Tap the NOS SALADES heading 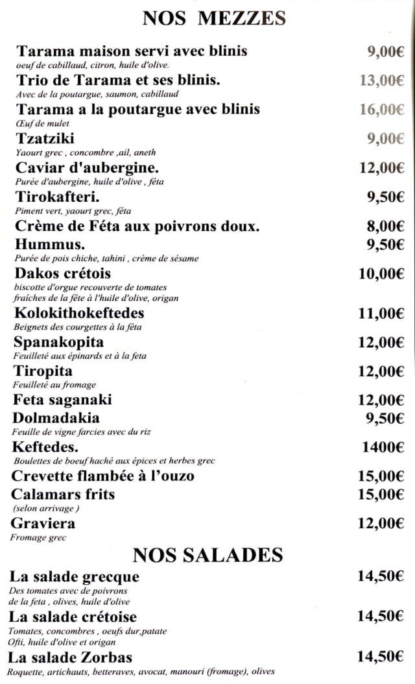pos(207,555)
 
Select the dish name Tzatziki pos(45,138)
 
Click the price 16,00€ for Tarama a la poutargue pos(382,109)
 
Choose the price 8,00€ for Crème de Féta pos(386,226)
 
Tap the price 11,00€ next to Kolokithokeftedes pos(381,313)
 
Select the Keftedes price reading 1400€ pos(383,446)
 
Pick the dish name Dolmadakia pos(56,418)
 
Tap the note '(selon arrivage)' pos(45,508)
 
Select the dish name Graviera pos(43,523)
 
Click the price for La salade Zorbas pos(381,657)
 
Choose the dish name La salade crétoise pos(73,617)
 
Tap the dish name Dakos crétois pos(62,273)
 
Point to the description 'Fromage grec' pos(38,537)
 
